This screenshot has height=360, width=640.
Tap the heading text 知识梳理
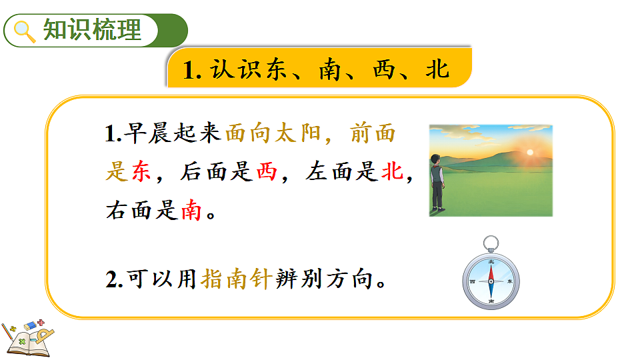[93, 31]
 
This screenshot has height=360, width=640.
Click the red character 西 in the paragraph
[266, 173]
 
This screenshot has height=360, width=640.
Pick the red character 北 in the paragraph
[391, 173]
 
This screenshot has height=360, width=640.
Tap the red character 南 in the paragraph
[191, 211]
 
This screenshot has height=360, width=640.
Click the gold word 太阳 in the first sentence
[288, 134]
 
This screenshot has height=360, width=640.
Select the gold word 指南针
[235, 279]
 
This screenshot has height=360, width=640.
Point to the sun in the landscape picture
[530, 153]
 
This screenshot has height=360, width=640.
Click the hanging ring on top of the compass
[491, 242]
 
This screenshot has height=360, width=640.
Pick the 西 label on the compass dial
[473, 282]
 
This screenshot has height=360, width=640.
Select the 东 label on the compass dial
[510, 282]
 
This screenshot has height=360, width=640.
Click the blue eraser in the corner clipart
[32, 325]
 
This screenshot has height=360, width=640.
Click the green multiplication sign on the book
[23, 341]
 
